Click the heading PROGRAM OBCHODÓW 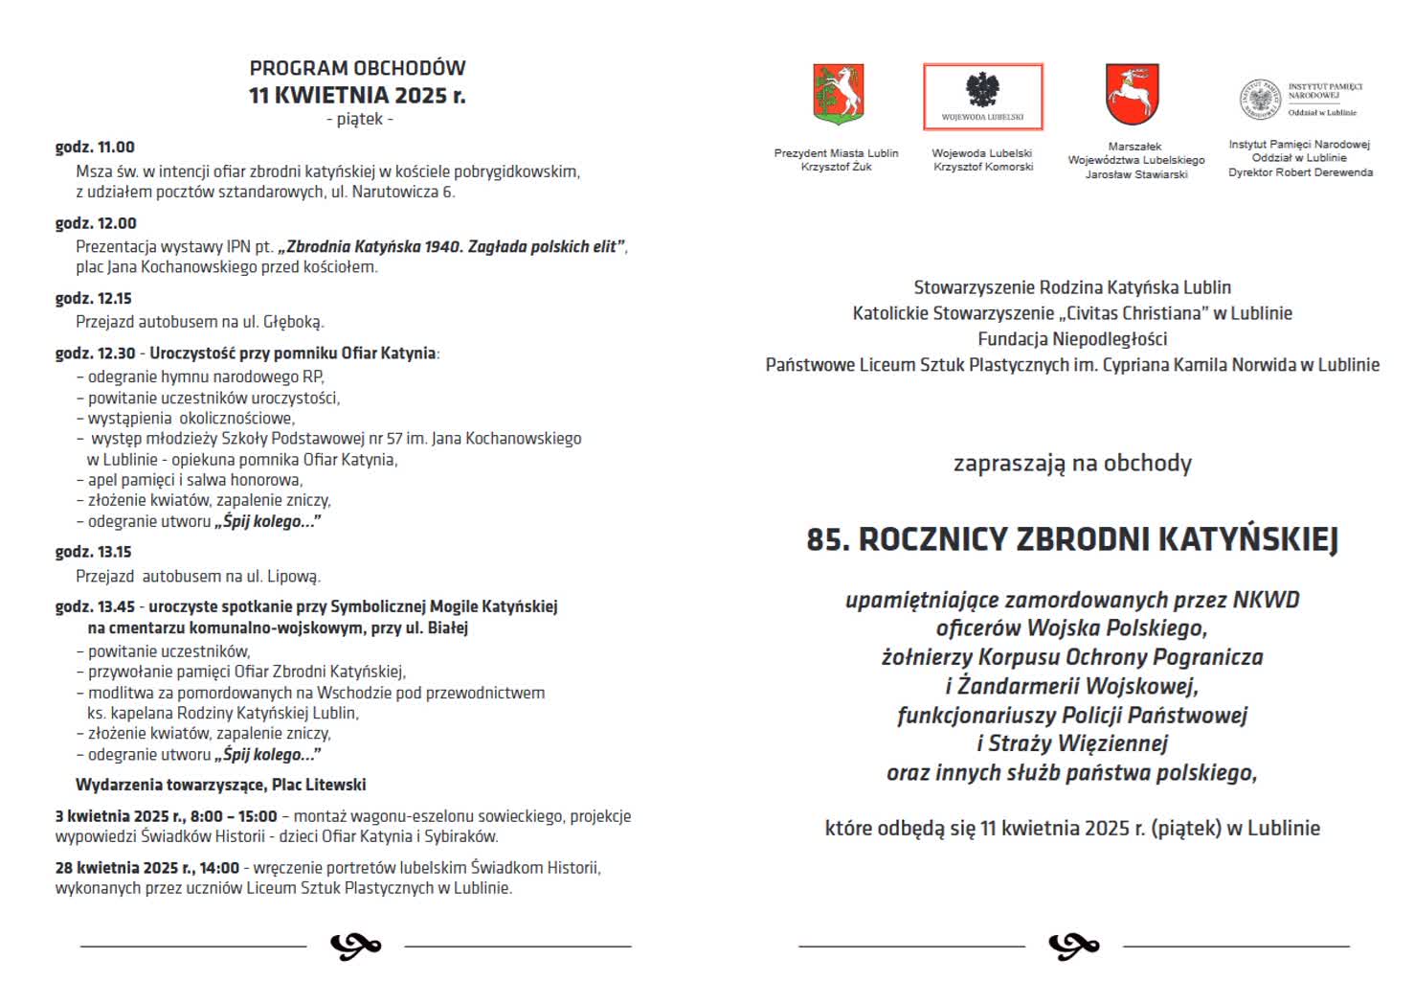(x=357, y=68)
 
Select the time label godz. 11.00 (x=95, y=148)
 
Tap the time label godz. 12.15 (x=94, y=299)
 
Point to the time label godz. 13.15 (x=94, y=553)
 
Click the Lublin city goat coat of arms (x=838, y=95)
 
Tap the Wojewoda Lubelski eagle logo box (x=982, y=97)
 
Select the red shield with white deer (x=1132, y=95)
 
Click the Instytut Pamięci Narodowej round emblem (x=1260, y=100)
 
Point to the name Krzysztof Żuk (x=836, y=167)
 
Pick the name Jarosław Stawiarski (x=1135, y=174)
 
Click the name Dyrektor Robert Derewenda (x=1300, y=172)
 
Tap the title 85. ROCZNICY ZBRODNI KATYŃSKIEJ (x=1071, y=539)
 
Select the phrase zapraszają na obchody (x=1072, y=464)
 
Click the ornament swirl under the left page (x=355, y=947)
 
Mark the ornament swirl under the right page (x=1073, y=947)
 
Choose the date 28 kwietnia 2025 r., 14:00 (x=147, y=868)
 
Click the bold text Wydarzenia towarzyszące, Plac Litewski (x=220, y=786)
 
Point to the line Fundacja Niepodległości (x=1072, y=339)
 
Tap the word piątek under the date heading (x=359, y=120)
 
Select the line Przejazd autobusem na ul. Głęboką (x=200, y=322)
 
